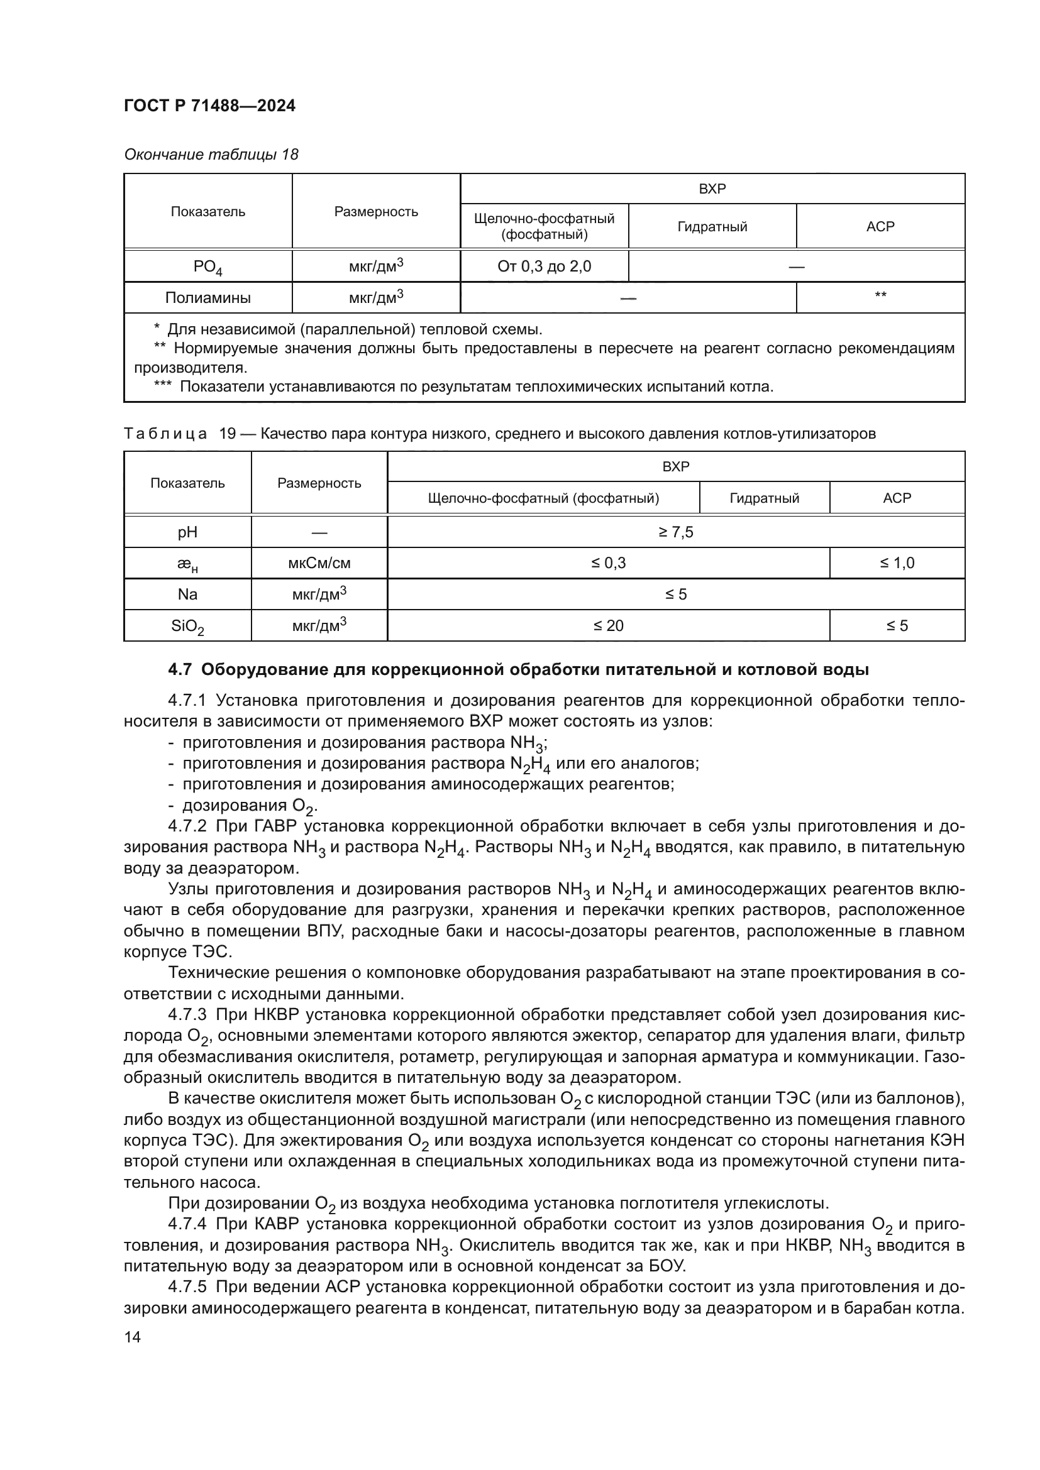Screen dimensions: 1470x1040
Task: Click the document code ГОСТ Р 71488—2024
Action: pyautogui.click(x=209, y=106)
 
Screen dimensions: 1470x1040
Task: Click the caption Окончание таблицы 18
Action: pyautogui.click(x=211, y=155)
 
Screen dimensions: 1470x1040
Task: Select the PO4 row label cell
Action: pyautogui.click(x=207, y=266)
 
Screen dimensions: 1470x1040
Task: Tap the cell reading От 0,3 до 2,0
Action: pyautogui.click(x=544, y=266)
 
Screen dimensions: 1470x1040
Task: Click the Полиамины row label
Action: pyautogui.click(x=207, y=298)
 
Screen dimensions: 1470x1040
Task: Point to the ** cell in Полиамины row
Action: pyautogui.click(x=880, y=296)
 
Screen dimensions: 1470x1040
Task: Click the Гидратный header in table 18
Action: pyautogui.click(x=712, y=227)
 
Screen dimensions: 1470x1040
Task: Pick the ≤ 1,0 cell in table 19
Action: pyautogui.click(x=897, y=563)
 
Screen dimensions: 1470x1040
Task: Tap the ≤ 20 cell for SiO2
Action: pyautogui.click(x=608, y=625)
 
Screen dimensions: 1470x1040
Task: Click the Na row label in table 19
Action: pyautogui.click(x=187, y=595)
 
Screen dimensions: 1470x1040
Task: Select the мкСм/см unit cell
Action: pyautogui.click(x=319, y=563)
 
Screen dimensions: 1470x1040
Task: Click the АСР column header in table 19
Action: pyautogui.click(x=897, y=498)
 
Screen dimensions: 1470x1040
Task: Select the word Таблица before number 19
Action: pyautogui.click(x=165, y=434)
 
